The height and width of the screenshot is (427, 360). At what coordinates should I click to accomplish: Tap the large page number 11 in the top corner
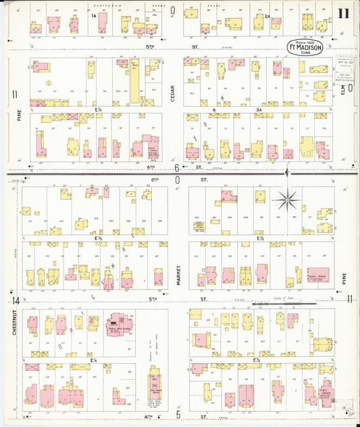click(344, 13)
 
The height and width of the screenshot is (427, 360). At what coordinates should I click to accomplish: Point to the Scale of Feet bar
click(282, 304)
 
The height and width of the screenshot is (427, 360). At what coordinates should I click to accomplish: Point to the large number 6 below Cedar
click(177, 168)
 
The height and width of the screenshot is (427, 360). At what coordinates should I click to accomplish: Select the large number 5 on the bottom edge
click(178, 414)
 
